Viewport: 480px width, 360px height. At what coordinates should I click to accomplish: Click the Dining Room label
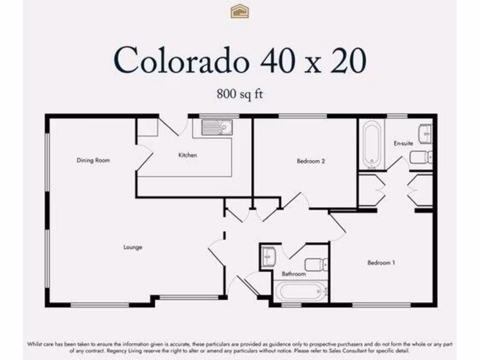(x=93, y=160)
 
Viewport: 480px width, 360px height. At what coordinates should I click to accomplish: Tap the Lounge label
(x=133, y=247)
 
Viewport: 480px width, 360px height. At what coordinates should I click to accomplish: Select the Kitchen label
(x=187, y=155)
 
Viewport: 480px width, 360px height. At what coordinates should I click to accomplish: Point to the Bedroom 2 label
(x=311, y=161)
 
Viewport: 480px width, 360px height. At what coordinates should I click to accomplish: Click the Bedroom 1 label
(x=381, y=263)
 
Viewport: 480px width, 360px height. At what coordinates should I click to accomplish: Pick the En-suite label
(x=403, y=143)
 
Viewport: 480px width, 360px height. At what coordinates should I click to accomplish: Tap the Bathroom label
(x=294, y=274)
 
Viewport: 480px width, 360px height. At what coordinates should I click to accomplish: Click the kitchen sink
(x=217, y=127)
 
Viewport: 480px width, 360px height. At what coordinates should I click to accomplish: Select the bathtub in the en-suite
(x=373, y=144)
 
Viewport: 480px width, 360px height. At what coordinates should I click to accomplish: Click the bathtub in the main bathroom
(x=300, y=291)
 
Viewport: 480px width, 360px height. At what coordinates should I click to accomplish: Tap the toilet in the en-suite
(x=420, y=157)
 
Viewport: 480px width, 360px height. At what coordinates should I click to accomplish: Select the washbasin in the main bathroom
(x=268, y=256)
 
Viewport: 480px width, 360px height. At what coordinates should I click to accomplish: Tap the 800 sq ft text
(x=240, y=94)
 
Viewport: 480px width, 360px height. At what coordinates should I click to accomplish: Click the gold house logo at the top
(x=240, y=11)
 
